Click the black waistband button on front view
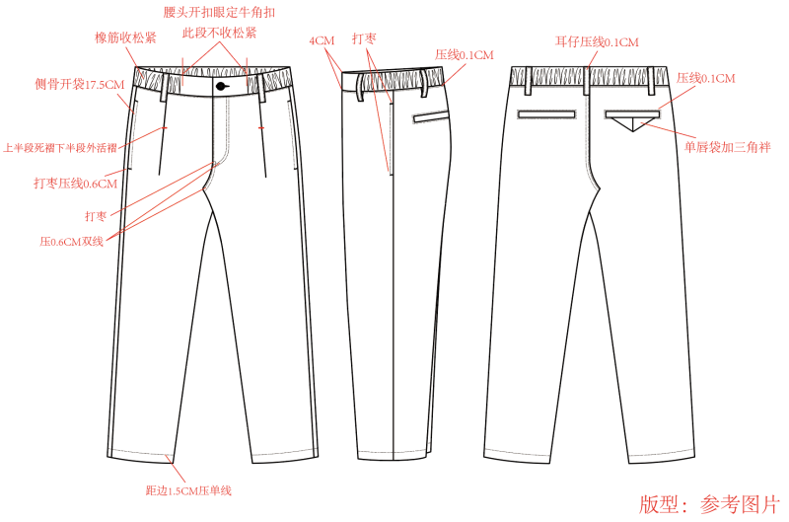coord(221,87)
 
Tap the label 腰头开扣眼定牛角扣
coord(219,12)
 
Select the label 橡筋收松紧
coord(125,37)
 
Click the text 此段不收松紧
coord(219,34)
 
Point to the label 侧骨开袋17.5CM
coord(80,84)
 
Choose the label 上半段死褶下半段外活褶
coord(60,148)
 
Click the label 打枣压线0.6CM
coord(76,184)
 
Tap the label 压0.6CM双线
coord(71,242)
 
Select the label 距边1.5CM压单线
coord(188,490)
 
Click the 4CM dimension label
coord(322,40)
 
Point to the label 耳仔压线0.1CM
coord(597,41)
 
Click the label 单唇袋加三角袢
coord(727,147)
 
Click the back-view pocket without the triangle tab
coord(546,114)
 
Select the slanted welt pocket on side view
coord(431,116)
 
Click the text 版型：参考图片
coord(709,505)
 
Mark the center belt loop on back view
coord(586,81)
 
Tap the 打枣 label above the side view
coord(364,38)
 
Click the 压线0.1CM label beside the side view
coord(465,55)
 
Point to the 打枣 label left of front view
coord(96,216)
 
